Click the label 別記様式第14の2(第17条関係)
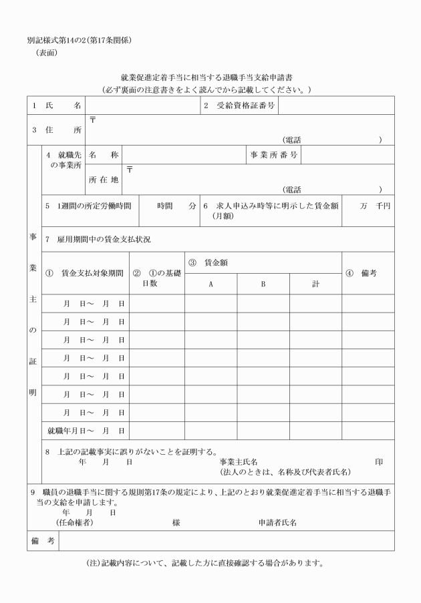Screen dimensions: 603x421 click(x=79, y=40)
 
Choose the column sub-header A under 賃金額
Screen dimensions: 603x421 click(x=210, y=284)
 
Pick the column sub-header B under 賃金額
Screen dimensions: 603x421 click(x=263, y=284)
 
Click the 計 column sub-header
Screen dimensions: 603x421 click(x=315, y=284)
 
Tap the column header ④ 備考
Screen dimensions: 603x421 click(x=368, y=273)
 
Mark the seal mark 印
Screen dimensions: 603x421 click(x=379, y=461)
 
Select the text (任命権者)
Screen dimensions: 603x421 click(x=74, y=523)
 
